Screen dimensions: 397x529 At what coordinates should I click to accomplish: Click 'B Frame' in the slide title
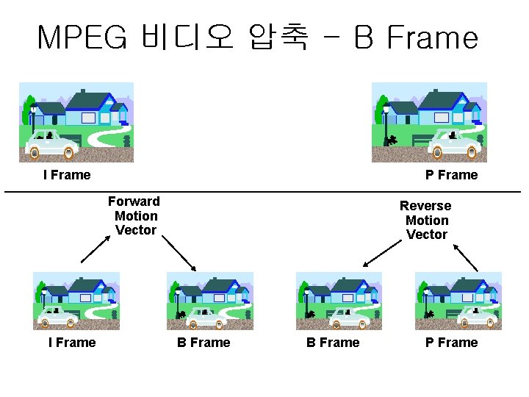[416, 37]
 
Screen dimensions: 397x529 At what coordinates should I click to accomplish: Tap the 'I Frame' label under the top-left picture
[67, 175]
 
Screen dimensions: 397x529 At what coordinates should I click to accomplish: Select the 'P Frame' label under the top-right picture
[451, 175]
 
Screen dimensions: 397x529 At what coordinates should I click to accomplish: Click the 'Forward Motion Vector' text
[135, 215]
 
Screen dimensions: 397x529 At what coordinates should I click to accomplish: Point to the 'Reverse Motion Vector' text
[426, 220]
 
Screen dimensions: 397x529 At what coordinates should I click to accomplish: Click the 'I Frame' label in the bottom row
[72, 343]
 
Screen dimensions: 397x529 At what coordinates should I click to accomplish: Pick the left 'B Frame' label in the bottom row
[204, 343]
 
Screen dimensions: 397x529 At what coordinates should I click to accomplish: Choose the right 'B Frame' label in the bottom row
[333, 343]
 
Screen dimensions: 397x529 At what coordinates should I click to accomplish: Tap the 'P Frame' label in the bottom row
[451, 343]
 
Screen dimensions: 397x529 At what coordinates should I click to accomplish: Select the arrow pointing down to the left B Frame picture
[179, 254]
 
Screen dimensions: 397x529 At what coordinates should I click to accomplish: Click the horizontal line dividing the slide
[264, 192]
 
